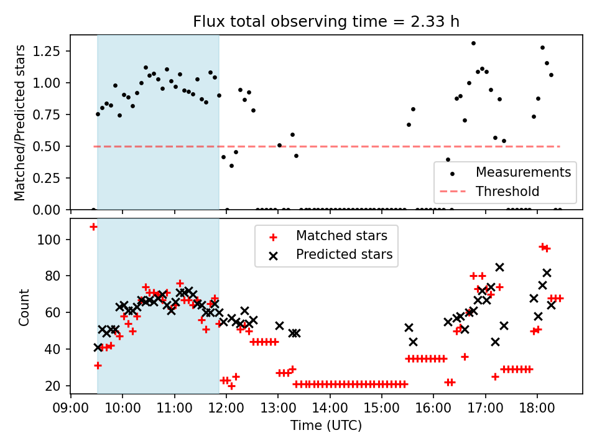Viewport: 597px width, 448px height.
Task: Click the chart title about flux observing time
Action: coord(326,22)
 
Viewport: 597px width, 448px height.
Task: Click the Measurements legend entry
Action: coord(523,172)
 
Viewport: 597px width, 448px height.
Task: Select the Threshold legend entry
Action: coord(507,191)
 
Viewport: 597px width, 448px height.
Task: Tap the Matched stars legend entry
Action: coord(341,236)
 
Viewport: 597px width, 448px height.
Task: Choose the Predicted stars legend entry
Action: coord(344,254)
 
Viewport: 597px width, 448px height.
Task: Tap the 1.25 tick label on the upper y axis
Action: coord(47,50)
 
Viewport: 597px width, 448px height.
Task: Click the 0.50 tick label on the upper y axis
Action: coord(47,146)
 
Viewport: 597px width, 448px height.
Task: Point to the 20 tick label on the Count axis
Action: coord(56,386)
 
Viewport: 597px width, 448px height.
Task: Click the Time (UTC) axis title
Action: coord(326,426)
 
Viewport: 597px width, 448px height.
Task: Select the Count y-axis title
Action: coord(24,307)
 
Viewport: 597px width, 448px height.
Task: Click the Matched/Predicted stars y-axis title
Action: coord(20,123)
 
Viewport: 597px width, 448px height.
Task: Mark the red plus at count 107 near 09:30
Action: coord(93,226)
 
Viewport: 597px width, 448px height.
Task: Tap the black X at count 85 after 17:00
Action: coord(499,267)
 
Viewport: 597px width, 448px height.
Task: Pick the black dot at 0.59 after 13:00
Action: coord(292,134)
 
